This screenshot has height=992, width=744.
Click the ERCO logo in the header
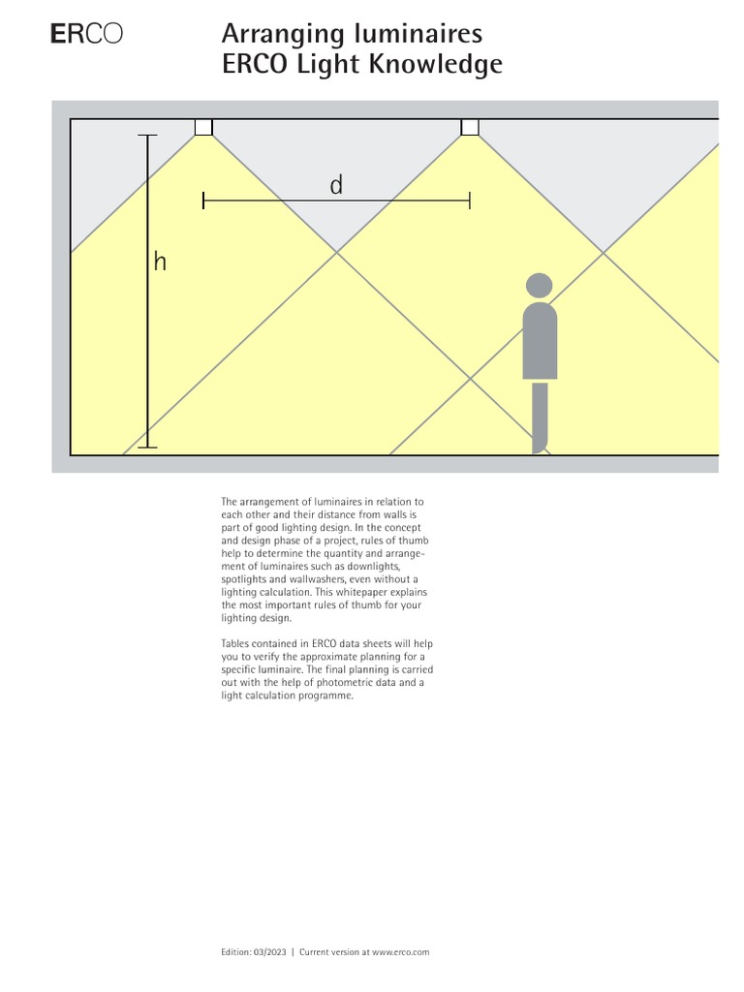[x=86, y=35]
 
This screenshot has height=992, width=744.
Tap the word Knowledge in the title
[x=445, y=66]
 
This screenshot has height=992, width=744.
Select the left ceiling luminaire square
[x=203, y=127]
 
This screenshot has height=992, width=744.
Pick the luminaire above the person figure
[x=470, y=127]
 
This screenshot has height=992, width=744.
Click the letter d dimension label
[x=336, y=185]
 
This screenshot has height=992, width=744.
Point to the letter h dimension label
[x=160, y=262]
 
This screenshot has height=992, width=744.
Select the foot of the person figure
[x=541, y=447]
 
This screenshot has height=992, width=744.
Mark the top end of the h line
[x=148, y=136]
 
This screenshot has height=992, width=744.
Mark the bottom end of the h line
[x=148, y=447]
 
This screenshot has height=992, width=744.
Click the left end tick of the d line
[x=203, y=201]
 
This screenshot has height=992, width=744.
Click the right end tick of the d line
[x=470, y=201]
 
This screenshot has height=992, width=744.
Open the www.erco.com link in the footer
[x=400, y=952]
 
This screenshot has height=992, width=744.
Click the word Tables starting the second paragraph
[x=235, y=643]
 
